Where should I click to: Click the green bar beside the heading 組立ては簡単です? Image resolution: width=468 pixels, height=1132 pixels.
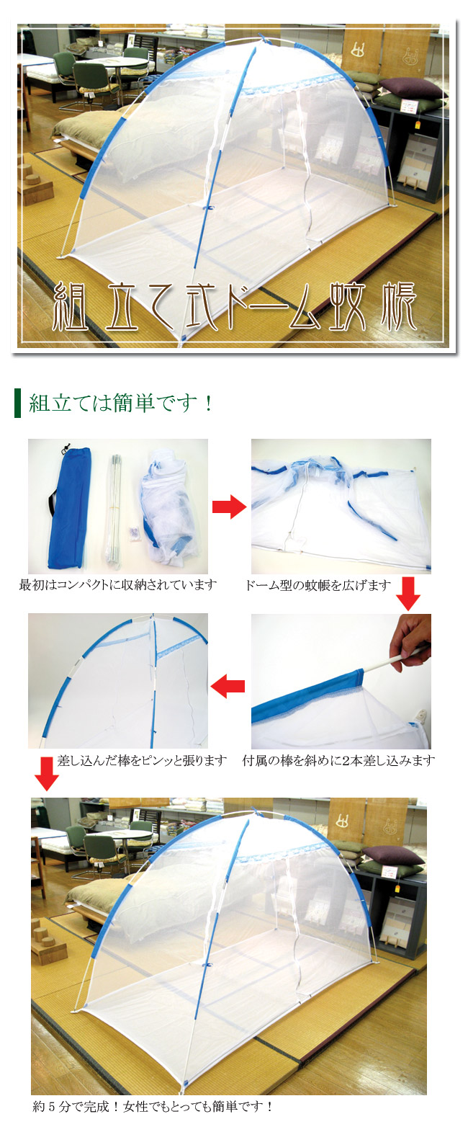coord(18,403)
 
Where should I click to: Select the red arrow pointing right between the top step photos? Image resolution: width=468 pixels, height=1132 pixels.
coord(229,507)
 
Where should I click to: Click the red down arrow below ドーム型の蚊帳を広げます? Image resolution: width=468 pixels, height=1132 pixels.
coord(408,593)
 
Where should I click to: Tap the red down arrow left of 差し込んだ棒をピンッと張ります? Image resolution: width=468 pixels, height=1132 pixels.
coord(47,774)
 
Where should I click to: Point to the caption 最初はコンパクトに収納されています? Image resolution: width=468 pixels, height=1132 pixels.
coord(118,584)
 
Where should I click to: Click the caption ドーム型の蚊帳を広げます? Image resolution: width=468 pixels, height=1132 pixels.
coord(318,585)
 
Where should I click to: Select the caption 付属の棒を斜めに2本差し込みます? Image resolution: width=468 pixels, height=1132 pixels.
coord(338,760)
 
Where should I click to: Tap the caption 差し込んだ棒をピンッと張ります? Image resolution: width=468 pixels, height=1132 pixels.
coord(143,760)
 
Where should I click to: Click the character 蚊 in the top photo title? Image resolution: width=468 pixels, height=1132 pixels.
coord(348,306)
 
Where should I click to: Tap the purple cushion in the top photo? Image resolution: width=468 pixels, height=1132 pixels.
coord(413,88)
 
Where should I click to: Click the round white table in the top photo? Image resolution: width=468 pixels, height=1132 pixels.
coord(117,63)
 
